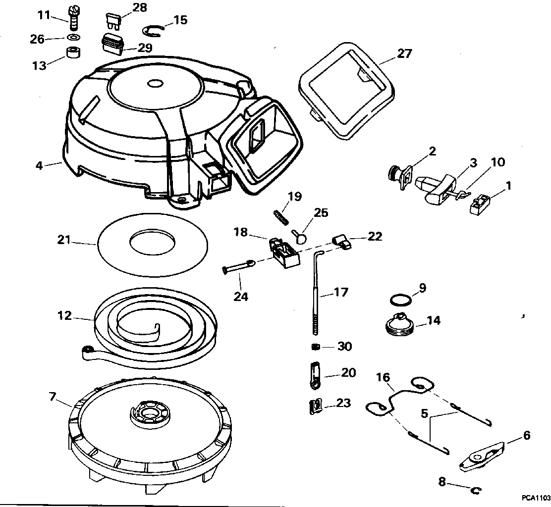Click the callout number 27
coord(404,53)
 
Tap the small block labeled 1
coord(480,204)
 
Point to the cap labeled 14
coord(399,324)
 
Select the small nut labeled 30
coord(314,347)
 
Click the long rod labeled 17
coord(316,297)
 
